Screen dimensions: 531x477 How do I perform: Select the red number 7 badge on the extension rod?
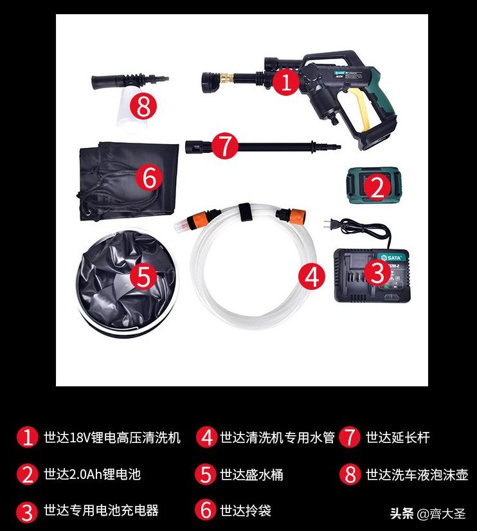point(224,146)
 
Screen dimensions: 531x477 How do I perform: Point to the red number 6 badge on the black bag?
point(148,177)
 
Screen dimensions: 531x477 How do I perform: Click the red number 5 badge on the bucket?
point(143,277)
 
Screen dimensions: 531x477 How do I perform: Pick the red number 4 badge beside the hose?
point(312,277)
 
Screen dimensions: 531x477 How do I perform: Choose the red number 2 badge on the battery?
point(377,187)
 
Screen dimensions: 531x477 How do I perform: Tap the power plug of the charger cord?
point(333,225)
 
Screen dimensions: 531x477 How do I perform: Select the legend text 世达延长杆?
point(397,438)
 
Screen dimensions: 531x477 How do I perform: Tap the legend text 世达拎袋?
point(245,510)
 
